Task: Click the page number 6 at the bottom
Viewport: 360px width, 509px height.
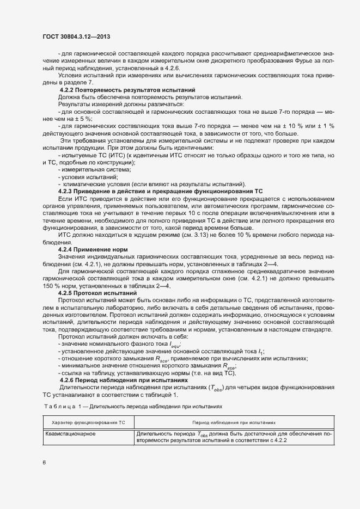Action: [x=44, y=463]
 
